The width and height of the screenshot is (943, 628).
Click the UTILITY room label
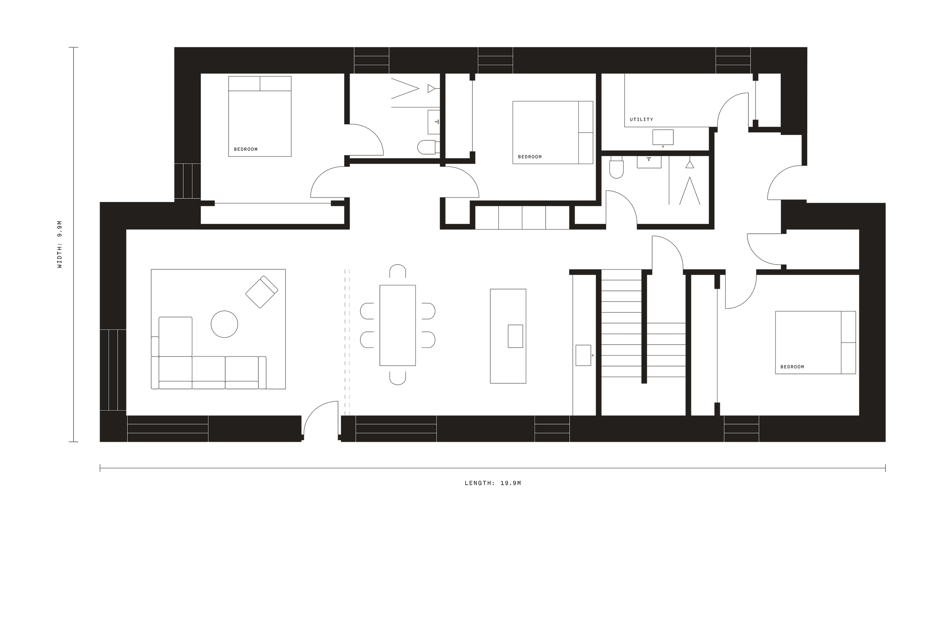tap(641, 119)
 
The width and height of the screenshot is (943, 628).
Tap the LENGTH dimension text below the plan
tap(493, 483)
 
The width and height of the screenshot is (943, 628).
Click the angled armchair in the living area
tap(262, 292)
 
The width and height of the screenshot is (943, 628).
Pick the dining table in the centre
tap(398, 325)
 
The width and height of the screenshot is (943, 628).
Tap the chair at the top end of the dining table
tap(398, 271)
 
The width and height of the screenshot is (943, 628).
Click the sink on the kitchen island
tap(515, 336)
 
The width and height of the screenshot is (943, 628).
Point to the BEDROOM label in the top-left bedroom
tap(246, 149)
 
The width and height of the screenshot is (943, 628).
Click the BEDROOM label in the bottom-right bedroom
tap(792, 366)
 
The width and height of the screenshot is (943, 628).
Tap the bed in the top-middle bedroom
tap(552, 133)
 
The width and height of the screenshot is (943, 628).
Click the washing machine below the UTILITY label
tap(662, 137)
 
